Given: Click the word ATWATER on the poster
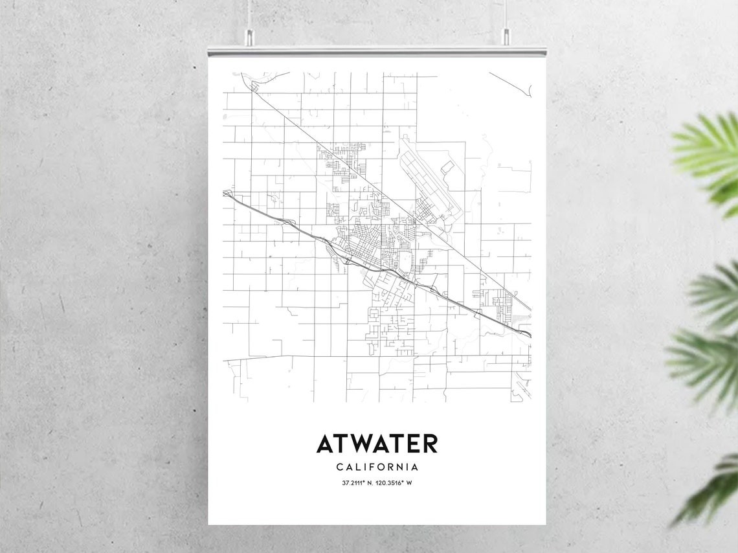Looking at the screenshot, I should [377, 444].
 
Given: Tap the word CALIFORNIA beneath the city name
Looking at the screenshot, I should [377, 466].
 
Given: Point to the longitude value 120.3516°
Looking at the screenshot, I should [392, 483].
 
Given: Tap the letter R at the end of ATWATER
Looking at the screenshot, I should [430, 444].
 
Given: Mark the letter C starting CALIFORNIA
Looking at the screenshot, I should [340, 466].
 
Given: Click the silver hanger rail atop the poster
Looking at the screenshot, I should [377, 51].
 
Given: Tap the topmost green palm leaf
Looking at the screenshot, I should [709, 152].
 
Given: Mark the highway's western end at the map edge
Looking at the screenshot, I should [227, 193].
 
